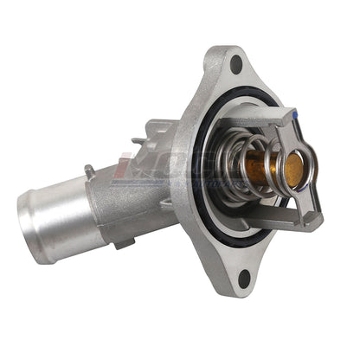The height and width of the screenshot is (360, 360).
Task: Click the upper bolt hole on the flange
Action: (235, 63)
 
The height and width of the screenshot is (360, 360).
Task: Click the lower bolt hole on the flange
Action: (244, 277)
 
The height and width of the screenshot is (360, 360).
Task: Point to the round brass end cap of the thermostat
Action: (293, 167)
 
